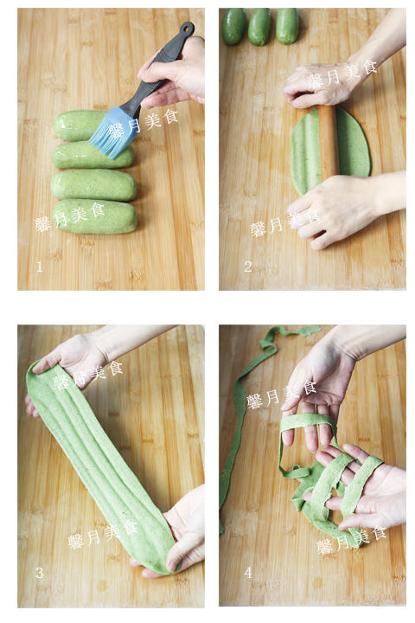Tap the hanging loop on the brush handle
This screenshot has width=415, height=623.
[x=186, y=28]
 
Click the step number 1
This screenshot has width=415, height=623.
[x=39, y=267]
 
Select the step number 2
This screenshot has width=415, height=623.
[x=248, y=267]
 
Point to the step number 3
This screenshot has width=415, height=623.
[x=39, y=573]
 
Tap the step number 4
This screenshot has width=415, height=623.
[x=248, y=573]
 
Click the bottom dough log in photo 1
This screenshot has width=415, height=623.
[x=94, y=216]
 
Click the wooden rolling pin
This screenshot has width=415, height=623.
[x=328, y=143]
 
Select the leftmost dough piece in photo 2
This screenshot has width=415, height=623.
[x=234, y=26]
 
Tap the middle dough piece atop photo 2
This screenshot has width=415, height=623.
[x=259, y=26]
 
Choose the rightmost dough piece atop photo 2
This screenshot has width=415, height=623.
[x=287, y=25]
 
